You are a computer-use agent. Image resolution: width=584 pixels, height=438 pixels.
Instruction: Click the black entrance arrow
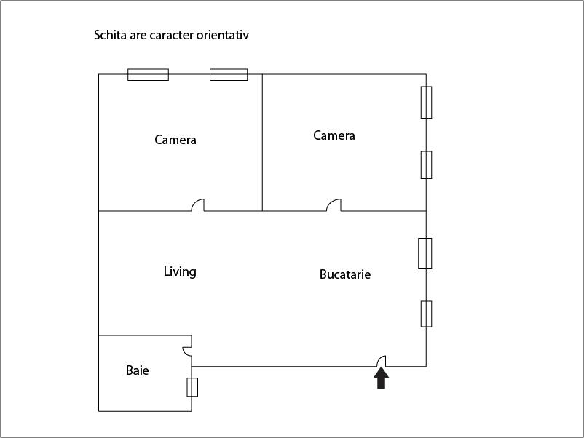[381, 378]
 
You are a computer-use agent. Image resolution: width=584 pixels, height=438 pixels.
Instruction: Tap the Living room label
[180, 271]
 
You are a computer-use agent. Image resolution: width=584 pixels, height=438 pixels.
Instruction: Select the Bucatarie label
[345, 274]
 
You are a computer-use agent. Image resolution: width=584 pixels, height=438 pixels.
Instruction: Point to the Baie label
[137, 370]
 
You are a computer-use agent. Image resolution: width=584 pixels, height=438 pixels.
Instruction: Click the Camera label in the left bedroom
[175, 140]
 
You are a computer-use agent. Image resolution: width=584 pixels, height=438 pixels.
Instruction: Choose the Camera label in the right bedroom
[334, 135]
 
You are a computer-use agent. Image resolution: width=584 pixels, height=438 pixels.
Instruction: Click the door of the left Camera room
[198, 205]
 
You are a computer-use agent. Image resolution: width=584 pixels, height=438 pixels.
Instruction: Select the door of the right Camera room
[334, 205]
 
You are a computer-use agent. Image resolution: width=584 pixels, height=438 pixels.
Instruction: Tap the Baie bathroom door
[187, 351]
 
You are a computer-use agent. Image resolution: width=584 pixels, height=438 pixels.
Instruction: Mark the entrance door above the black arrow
[382, 361]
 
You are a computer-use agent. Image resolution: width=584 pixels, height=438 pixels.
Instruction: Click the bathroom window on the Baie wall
[192, 387]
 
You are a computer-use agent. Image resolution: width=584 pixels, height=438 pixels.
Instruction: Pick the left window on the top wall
[149, 74]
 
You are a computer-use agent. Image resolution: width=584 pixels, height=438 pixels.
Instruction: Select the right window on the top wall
[229, 74]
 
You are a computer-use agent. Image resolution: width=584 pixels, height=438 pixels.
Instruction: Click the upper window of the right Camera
[427, 103]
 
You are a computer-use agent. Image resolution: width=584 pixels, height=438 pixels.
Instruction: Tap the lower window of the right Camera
[427, 165]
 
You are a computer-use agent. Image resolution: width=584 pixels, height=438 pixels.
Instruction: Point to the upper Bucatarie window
[425, 253]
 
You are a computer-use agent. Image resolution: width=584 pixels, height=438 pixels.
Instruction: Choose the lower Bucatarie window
[427, 314]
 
